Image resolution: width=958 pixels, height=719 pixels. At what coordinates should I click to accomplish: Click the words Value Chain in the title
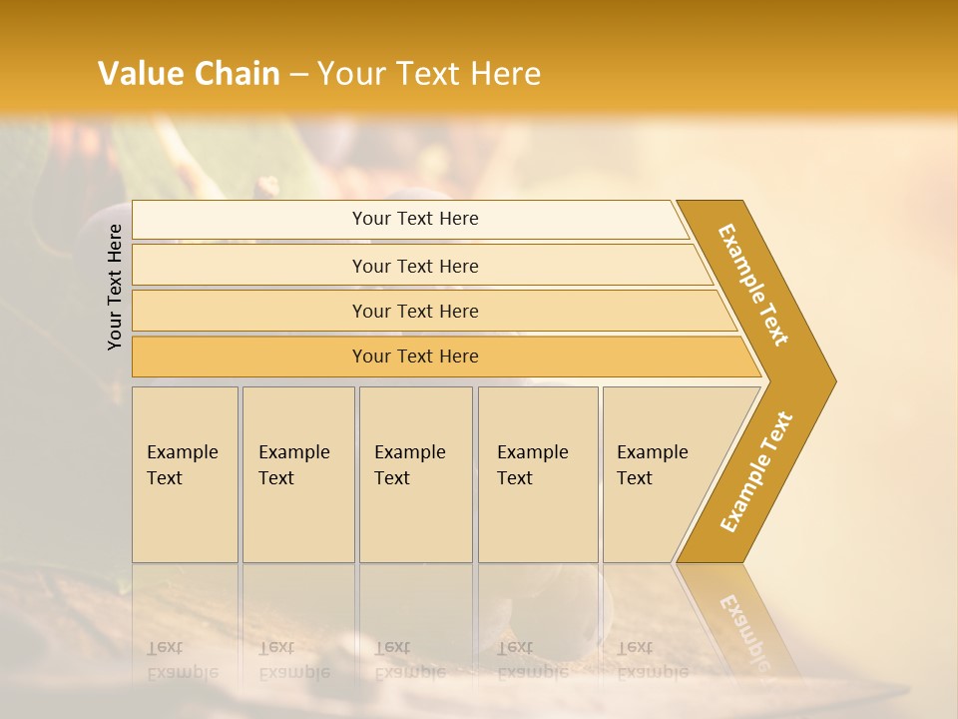(x=189, y=74)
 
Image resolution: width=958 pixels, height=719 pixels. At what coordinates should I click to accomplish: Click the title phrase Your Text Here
(x=429, y=74)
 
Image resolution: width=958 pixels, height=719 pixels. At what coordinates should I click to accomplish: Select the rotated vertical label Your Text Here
(x=115, y=287)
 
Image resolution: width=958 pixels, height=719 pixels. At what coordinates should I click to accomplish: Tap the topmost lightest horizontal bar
(x=415, y=219)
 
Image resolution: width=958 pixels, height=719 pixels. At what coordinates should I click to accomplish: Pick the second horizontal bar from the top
(x=415, y=266)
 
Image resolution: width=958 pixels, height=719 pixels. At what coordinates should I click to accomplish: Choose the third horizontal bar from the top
(x=415, y=311)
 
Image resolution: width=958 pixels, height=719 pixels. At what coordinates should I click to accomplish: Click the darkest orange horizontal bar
(x=415, y=357)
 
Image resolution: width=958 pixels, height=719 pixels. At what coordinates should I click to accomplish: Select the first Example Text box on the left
(x=185, y=473)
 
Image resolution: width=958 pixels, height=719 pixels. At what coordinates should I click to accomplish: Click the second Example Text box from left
(x=297, y=473)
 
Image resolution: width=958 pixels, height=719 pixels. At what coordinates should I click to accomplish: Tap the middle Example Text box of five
(x=415, y=473)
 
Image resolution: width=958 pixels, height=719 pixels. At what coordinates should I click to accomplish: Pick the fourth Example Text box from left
(x=538, y=473)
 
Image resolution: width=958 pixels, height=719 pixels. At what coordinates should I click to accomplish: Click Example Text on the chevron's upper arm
(x=753, y=285)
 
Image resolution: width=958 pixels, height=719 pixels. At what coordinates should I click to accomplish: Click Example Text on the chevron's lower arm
(x=756, y=472)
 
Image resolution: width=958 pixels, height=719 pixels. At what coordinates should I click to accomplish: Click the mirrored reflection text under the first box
(x=182, y=660)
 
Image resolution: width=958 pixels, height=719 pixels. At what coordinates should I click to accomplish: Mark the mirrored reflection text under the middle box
(x=409, y=660)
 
